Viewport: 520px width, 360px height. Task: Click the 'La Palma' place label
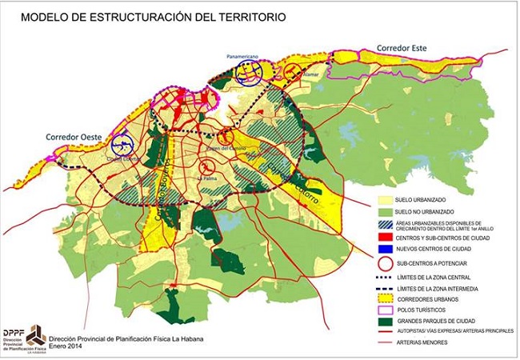point(209,178)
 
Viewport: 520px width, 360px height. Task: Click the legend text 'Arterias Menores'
point(432,345)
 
